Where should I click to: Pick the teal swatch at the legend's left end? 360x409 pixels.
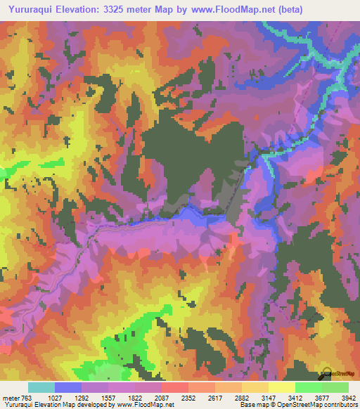[41, 387]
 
